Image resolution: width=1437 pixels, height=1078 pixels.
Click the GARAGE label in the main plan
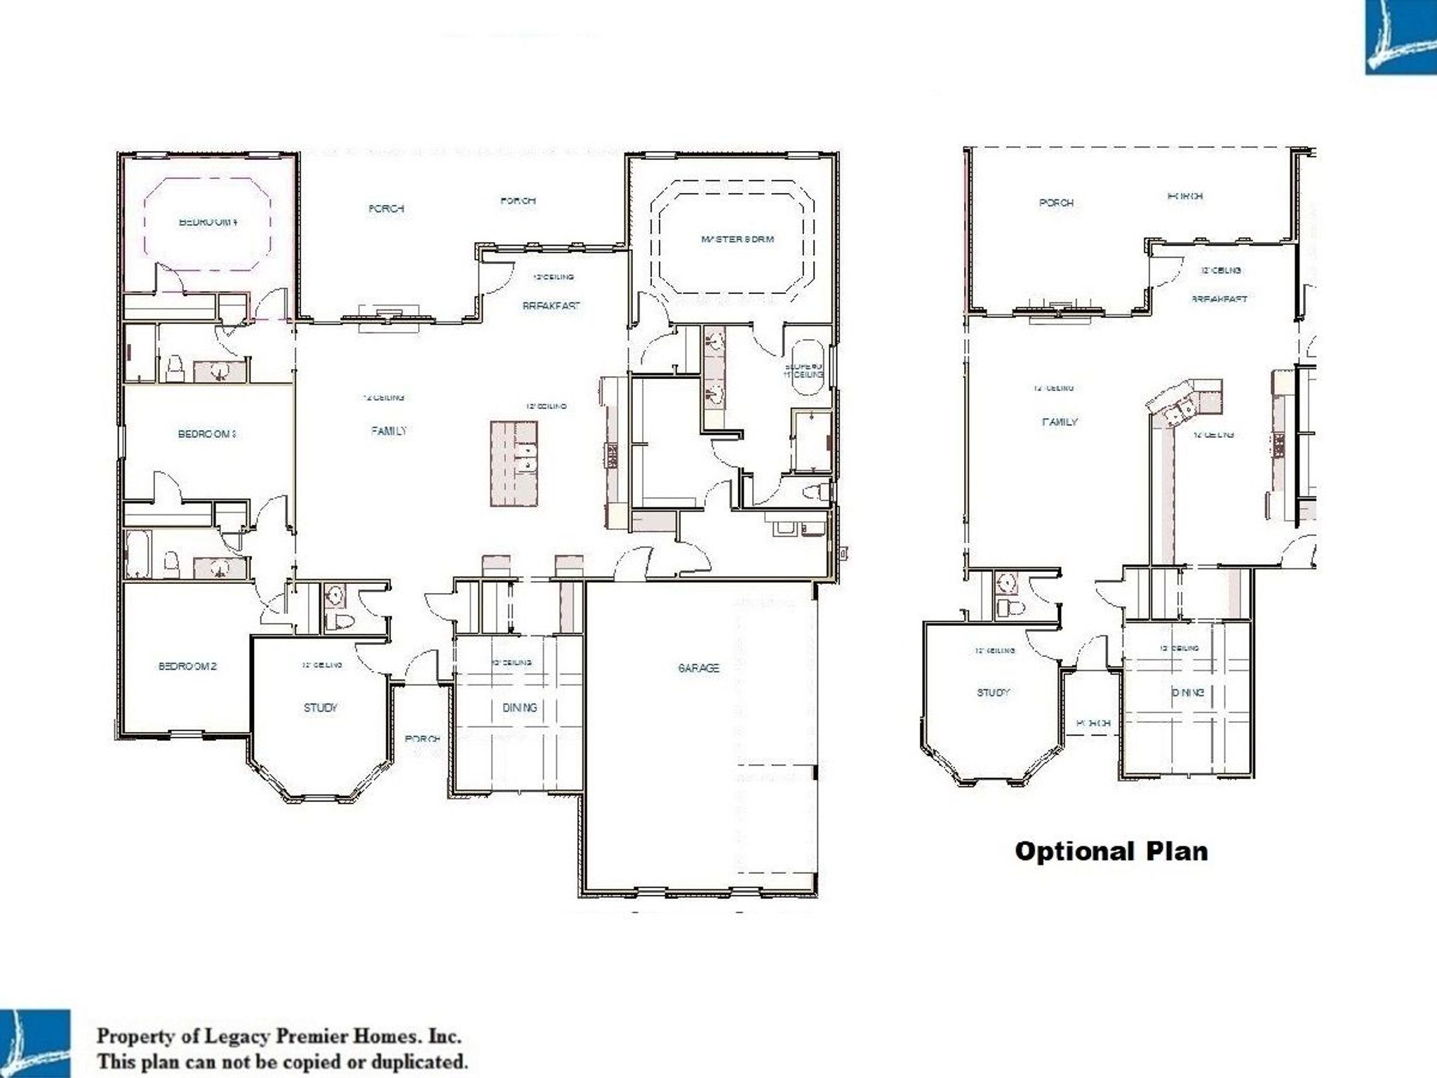[698, 668]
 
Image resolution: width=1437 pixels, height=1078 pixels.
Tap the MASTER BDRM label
[737, 239]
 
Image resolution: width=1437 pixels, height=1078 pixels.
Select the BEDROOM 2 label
[187, 666]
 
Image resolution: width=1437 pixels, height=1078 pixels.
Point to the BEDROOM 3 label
[206, 434]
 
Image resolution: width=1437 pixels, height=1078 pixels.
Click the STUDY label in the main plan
[321, 707]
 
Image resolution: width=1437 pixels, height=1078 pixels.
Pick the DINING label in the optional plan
[1187, 693]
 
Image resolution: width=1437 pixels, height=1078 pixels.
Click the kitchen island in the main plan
[514, 463]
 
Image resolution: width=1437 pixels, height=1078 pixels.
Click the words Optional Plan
[1111, 851]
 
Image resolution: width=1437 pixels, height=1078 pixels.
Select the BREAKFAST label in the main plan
[551, 306]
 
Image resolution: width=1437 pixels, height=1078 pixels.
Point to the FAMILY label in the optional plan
[1060, 422]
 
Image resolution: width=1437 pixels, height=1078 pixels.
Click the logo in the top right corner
[1400, 36]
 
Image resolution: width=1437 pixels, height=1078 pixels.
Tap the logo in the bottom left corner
[35, 1043]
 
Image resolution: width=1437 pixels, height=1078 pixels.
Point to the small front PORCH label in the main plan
[422, 739]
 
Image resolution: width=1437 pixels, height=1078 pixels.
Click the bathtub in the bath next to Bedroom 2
[138, 554]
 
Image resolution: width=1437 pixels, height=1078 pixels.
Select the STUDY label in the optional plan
[993, 693]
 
